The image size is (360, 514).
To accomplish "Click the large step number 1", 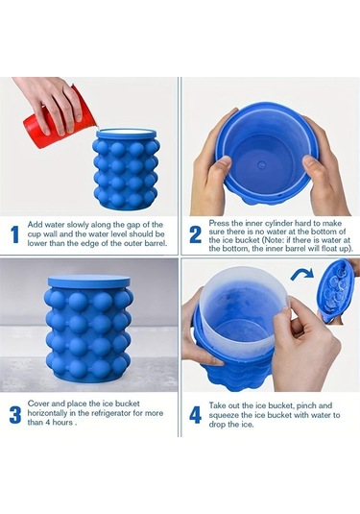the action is tap(14, 234).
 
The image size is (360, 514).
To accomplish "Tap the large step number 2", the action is tap(196, 234).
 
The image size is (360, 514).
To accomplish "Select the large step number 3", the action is tap(15, 414).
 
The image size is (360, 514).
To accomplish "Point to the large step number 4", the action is tap(195, 415).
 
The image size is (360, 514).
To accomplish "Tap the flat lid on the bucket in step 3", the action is tap(88, 281).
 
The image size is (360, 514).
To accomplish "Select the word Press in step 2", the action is tap(218, 223).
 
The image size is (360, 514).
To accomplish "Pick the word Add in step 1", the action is tap(35, 225).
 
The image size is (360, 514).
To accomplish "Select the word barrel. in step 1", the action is tap(156, 243).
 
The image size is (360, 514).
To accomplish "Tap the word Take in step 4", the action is tap(217, 405).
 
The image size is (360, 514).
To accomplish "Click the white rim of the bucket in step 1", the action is tap(126, 134).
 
